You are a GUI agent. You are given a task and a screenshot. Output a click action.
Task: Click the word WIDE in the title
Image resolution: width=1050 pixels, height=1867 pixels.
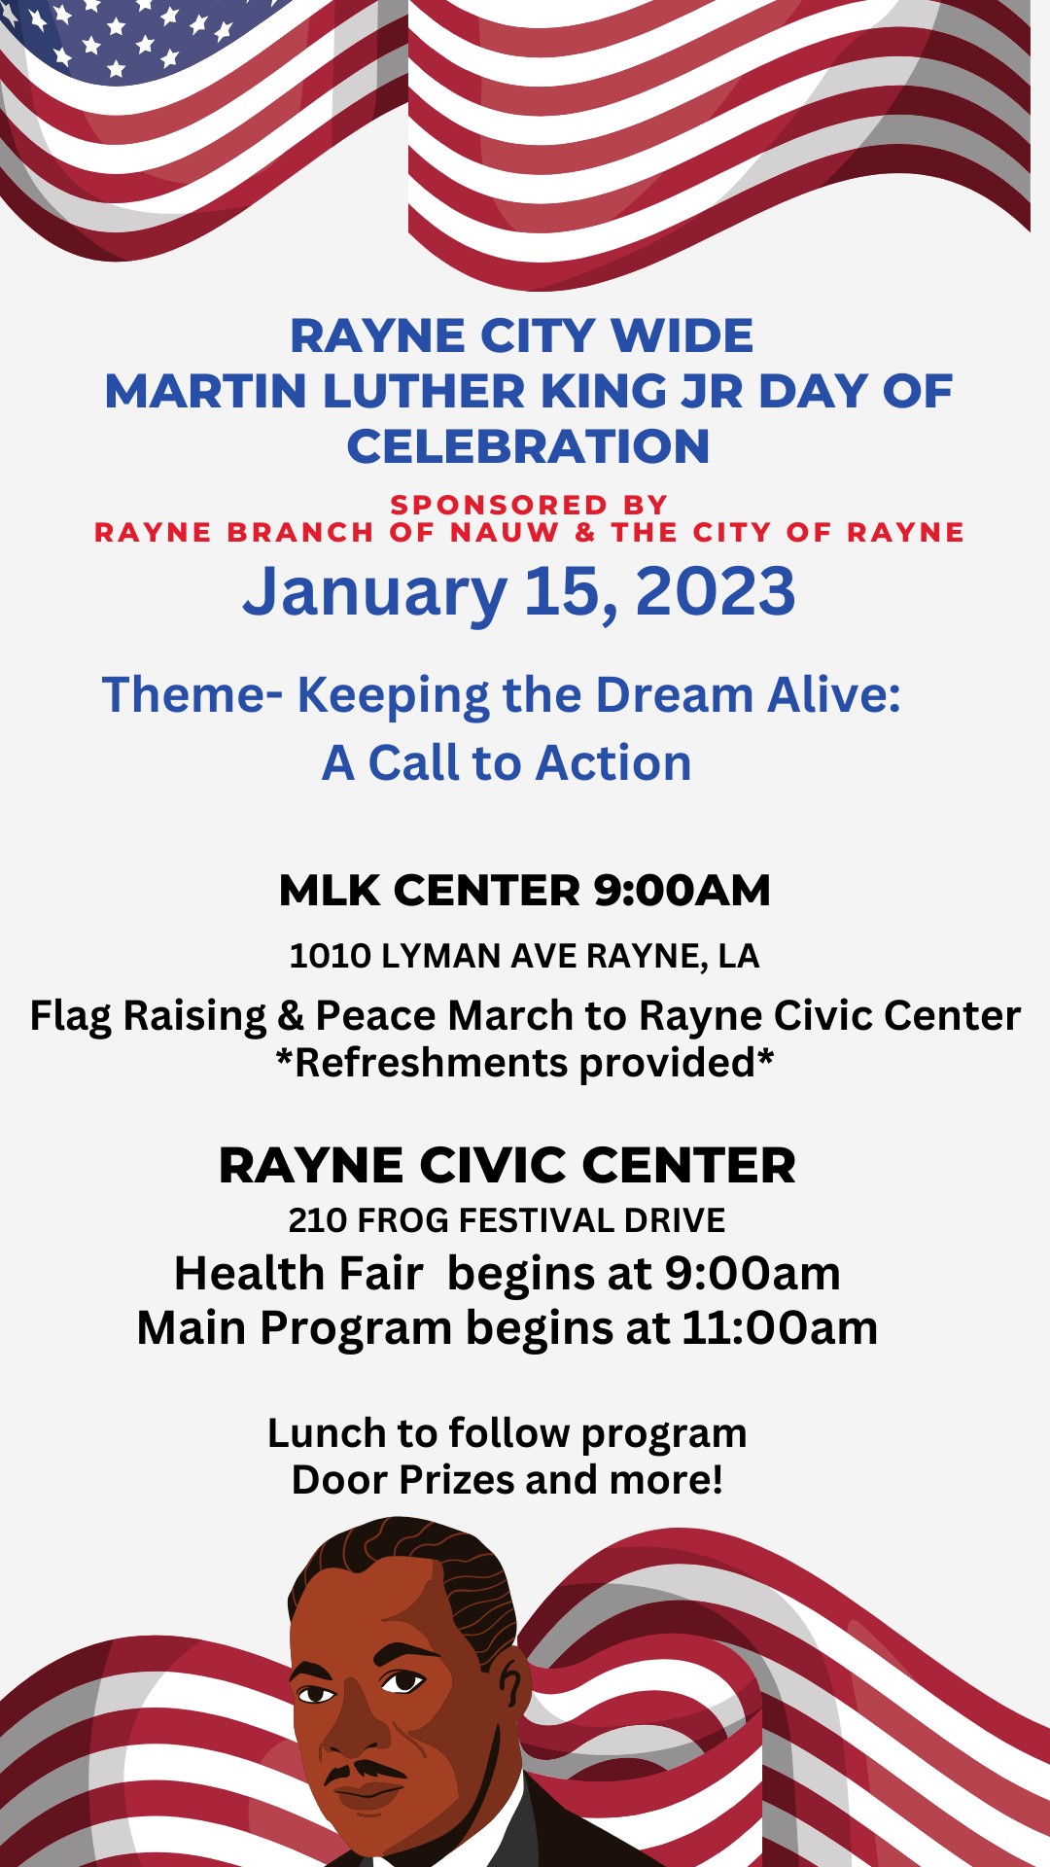pyautogui.click(x=682, y=336)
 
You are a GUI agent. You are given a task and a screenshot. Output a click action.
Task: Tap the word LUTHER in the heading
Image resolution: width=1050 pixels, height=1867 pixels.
pyautogui.click(x=424, y=392)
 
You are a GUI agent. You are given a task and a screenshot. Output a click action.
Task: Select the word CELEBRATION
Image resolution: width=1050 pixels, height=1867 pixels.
pyautogui.click(x=528, y=447)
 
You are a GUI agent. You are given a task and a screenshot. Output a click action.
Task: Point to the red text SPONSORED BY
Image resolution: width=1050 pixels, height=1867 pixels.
pyautogui.click(x=529, y=505)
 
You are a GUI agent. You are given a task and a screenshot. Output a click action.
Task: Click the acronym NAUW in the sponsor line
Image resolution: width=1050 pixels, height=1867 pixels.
pyautogui.click(x=505, y=533)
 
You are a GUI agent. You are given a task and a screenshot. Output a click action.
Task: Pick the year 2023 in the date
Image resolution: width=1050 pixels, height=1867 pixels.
pyautogui.click(x=716, y=591)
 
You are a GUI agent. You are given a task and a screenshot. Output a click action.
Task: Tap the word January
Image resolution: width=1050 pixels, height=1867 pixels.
pyautogui.click(x=374, y=593)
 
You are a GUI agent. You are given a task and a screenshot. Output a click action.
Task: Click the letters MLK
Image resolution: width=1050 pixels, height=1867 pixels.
pyautogui.click(x=332, y=891)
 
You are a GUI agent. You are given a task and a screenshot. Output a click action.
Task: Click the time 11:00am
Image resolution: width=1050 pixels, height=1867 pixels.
pyautogui.click(x=780, y=1328)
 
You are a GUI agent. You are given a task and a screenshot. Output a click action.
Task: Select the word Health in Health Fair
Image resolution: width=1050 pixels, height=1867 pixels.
pyautogui.click(x=249, y=1274)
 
